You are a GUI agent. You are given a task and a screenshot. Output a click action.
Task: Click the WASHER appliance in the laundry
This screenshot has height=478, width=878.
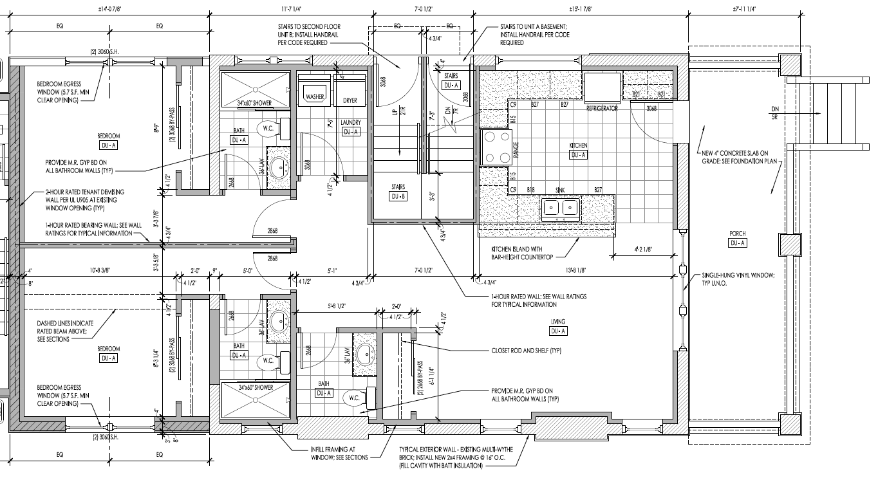[315, 93]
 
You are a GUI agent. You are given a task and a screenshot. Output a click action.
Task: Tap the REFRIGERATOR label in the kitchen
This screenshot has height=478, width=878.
[601, 109]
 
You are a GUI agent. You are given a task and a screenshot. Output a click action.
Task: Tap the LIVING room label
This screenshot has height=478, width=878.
[557, 322]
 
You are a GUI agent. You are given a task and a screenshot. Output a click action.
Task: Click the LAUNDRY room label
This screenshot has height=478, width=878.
[351, 122]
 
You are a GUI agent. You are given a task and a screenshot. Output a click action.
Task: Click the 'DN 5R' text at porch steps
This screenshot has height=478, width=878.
[772, 112]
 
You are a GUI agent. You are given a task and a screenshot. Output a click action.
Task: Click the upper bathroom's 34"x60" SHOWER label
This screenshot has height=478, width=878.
[254, 103]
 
